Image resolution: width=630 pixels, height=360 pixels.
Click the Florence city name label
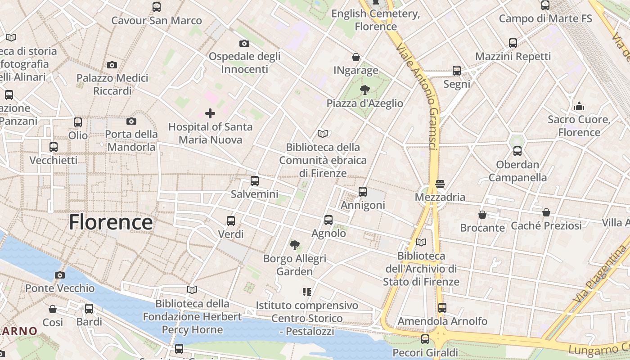[111, 222]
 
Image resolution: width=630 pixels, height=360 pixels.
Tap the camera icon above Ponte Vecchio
[60, 275]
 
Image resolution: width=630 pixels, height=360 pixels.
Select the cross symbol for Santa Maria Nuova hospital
[210, 113]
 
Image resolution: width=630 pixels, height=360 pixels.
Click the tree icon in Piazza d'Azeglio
[365, 90]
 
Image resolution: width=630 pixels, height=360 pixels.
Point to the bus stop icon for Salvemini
[255, 181]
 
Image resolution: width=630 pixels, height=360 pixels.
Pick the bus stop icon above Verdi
[231, 221]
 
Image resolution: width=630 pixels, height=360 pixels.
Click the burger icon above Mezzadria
[440, 184]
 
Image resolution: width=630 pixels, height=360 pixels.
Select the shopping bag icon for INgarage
[356, 57]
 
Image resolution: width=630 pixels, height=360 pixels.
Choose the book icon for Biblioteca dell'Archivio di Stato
[421, 243]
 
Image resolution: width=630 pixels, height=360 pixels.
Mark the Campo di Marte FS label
[545, 18]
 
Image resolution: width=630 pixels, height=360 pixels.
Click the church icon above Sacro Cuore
[579, 107]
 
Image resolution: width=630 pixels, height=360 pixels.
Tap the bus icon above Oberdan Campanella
[517, 151]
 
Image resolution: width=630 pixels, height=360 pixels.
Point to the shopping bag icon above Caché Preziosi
[546, 212]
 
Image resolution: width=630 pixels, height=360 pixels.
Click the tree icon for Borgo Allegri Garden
[295, 245]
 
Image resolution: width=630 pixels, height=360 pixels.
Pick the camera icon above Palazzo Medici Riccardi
[112, 65]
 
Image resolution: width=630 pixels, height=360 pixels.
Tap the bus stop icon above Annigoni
[363, 192]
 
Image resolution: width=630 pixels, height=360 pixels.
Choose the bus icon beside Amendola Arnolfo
[442, 308]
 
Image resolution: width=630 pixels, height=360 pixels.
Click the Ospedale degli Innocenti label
[244, 63]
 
